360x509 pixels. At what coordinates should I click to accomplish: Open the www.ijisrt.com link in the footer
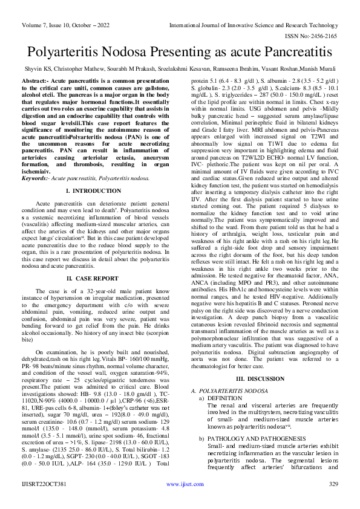click(x=180, y=501)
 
